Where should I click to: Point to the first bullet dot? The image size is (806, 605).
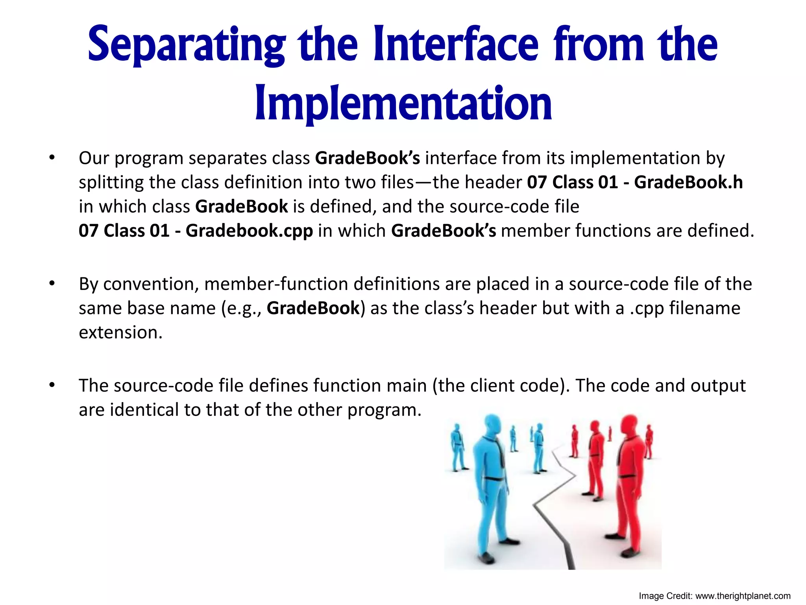[x=52, y=158]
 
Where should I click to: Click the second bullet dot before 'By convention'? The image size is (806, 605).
[x=52, y=284]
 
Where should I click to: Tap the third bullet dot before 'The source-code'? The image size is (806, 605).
[x=52, y=386]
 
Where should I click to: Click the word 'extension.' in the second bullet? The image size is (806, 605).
[x=120, y=332]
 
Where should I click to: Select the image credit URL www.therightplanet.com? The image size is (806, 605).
[x=743, y=596]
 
